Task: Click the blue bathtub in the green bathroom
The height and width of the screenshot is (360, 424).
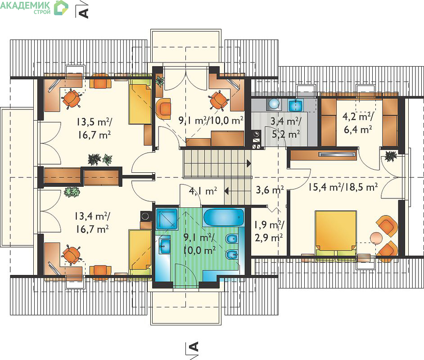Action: point(224,217)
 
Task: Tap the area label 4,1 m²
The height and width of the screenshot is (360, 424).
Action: point(203,191)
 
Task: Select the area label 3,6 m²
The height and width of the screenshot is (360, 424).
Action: point(270,190)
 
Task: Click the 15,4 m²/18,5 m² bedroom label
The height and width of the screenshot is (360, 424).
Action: point(343,187)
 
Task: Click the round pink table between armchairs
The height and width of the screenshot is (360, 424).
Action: point(376,238)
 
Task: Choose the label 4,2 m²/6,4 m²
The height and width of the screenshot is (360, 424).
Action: point(358,123)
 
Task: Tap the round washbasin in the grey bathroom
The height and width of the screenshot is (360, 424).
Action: point(274,104)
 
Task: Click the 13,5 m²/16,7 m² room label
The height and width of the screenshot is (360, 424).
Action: point(94,128)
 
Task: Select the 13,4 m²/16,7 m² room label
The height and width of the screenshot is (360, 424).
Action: point(92,223)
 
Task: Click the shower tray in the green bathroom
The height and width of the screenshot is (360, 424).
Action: point(167,219)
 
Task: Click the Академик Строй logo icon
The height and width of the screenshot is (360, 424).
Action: point(61,8)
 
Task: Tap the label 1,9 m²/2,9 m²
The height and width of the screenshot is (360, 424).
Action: point(269,231)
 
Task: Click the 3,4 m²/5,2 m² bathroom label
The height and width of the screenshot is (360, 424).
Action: point(286,127)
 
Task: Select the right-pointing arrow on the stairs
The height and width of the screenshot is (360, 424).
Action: point(249,163)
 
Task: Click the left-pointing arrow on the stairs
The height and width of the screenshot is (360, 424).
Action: point(226,191)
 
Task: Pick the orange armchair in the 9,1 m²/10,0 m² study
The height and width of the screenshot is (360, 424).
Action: point(163,108)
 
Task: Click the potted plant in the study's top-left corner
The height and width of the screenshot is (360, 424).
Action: point(160,81)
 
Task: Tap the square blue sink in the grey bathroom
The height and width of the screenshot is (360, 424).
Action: point(296,105)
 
